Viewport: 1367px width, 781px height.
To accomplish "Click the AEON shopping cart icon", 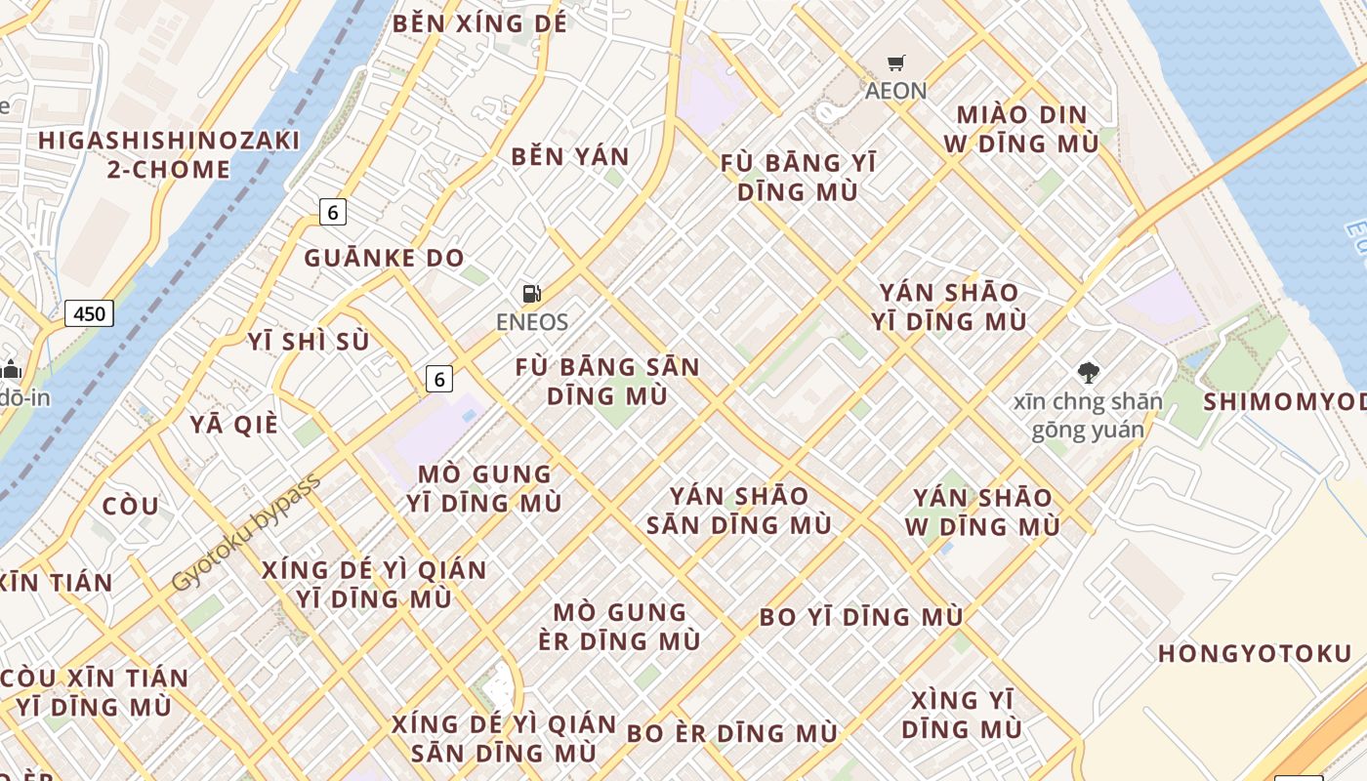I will click(x=895, y=63).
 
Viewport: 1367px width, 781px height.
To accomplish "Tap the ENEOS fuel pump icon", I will click(x=531, y=293).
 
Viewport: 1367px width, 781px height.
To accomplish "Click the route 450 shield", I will click(x=89, y=313).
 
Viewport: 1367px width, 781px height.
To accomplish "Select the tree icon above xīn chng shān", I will click(x=1088, y=372).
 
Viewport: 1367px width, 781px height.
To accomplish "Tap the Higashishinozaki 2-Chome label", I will click(x=169, y=154).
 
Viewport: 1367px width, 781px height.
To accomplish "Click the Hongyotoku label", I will click(x=1255, y=653).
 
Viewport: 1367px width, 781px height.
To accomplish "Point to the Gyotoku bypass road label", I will click(x=245, y=533).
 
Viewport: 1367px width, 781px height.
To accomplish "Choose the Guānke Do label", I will click(x=384, y=258).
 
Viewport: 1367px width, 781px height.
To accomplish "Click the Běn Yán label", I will click(x=570, y=156).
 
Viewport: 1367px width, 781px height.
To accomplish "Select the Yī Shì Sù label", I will click(x=309, y=342).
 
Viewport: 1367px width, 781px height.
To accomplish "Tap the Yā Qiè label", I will click(x=234, y=425).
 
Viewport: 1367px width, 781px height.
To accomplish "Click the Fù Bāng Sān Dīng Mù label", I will click(x=607, y=382).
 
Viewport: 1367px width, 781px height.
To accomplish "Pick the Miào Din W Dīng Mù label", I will click(x=1021, y=129).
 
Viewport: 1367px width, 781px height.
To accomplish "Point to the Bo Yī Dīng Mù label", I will click(x=861, y=617).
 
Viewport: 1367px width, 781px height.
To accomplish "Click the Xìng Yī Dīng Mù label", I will click(x=962, y=715).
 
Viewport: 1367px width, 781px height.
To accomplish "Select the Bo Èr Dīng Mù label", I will click(x=731, y=733).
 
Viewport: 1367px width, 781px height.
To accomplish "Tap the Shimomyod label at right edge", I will click(x=1284, y=401).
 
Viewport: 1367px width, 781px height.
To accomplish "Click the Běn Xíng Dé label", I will click(x=479, y=23).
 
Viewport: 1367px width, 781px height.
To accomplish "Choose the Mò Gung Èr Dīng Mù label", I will click(x=620, y=627).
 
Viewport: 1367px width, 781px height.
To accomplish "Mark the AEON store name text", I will click(x=895, y=91).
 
